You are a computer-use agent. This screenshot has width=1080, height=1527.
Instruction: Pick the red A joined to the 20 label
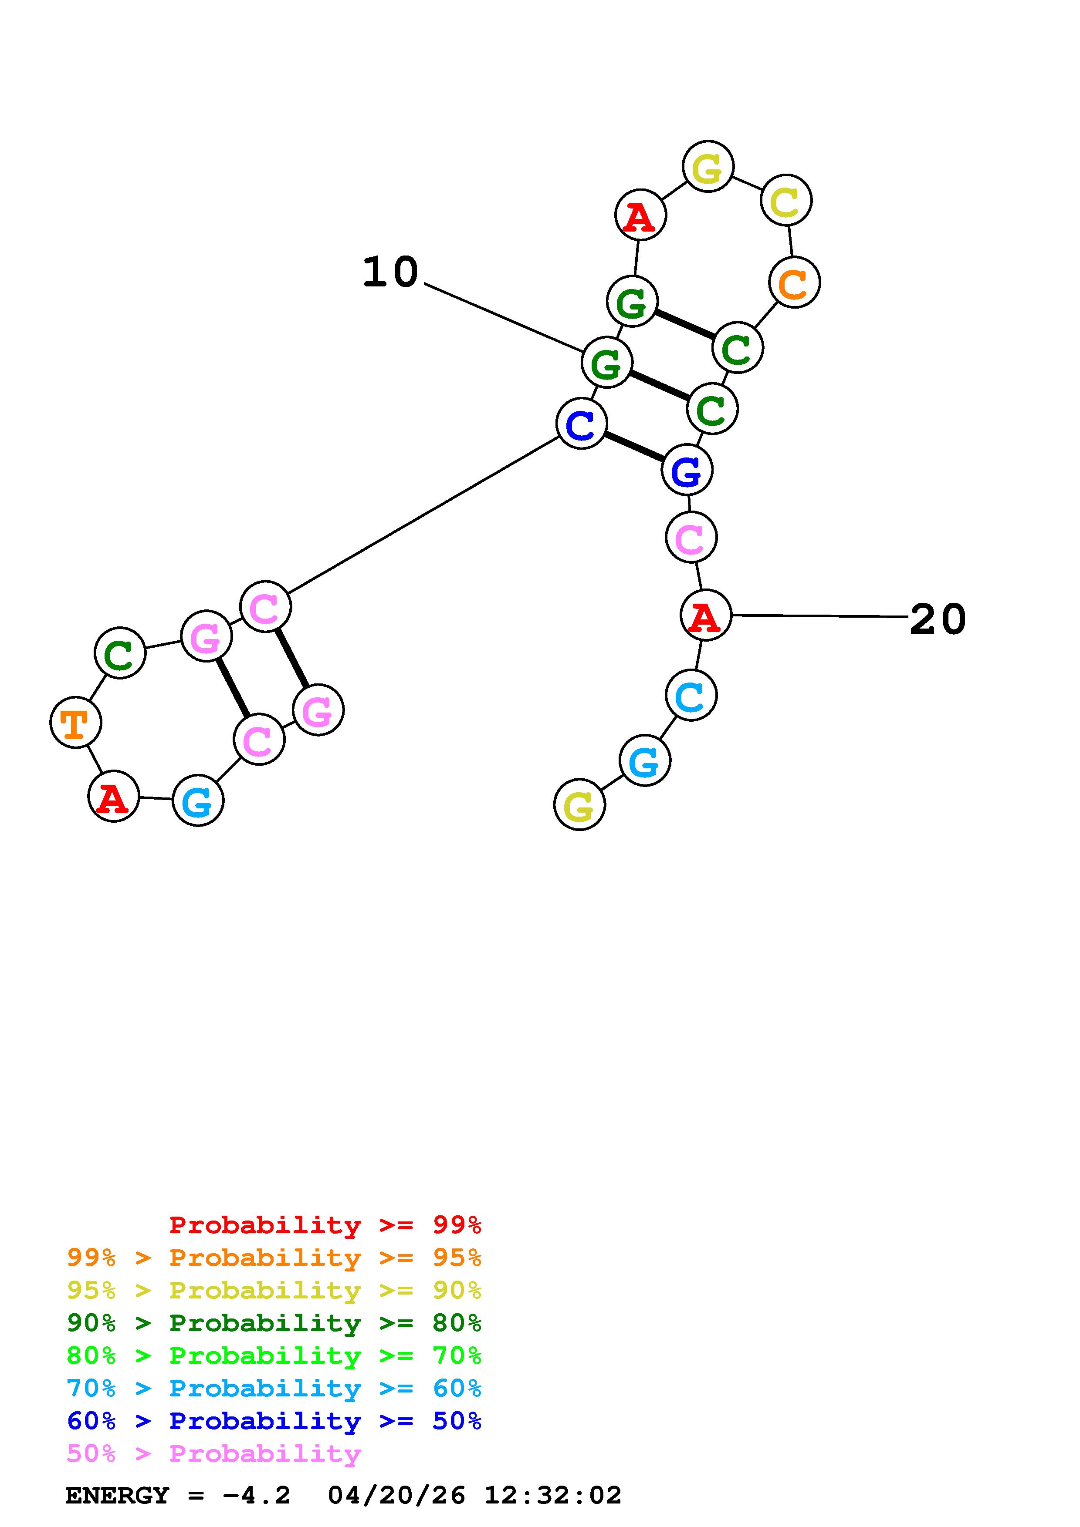click(x=705, y=616)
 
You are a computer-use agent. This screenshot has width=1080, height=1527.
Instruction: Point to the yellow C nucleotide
click(x=786, y=201)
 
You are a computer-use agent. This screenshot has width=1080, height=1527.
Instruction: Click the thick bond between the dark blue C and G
click(x=634, y=447)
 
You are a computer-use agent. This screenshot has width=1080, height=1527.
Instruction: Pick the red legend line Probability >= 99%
click(x=325, y=1224)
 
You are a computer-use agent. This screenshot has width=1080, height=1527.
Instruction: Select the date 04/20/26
click(x=396, y=1495)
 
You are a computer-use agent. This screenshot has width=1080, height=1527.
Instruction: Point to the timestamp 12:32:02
click(x=552, y=1495)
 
